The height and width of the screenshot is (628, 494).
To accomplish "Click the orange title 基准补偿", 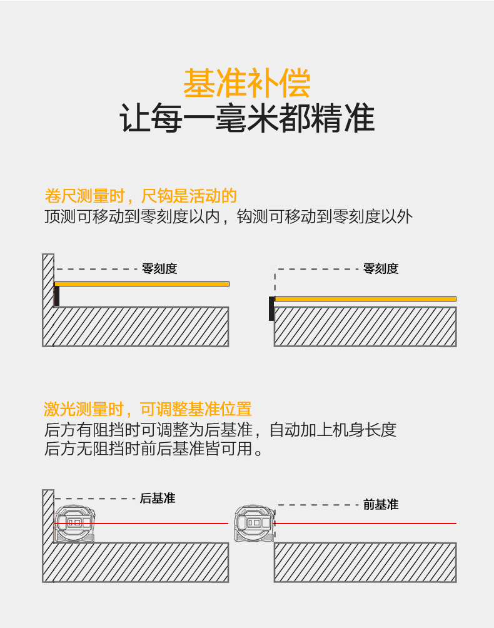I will (247, 83).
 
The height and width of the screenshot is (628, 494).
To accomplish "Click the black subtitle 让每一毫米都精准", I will (247, 119).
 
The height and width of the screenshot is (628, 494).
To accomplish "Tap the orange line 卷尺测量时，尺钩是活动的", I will (141, 196).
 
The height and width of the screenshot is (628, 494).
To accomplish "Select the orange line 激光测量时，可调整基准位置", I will (148, 410).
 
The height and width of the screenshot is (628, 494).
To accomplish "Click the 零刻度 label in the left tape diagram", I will (159, 269).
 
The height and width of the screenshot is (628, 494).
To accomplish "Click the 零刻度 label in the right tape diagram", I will (381, 269).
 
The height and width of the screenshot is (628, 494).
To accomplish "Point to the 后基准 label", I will (157, 499).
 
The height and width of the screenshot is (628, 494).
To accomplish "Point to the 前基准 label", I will (380, 505).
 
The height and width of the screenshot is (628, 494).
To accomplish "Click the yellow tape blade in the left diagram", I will (144, 284).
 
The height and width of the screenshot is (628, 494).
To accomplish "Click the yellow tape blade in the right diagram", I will (366, 299).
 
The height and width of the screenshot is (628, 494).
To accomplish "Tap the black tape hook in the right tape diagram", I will (271, 308).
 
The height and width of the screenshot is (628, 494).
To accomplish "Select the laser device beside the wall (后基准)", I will (75, 524).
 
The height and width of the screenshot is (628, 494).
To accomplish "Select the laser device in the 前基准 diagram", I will (254, 523).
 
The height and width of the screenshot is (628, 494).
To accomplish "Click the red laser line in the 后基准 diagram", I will (163, 523).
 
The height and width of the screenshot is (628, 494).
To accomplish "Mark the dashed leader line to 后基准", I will (94, 499).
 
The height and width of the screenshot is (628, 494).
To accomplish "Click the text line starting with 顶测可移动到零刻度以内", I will (228, 217).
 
